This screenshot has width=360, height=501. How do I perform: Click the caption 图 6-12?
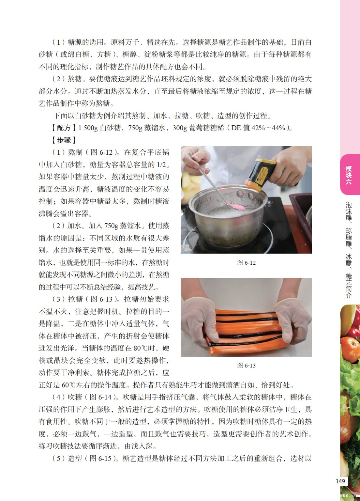click(x=246, y=263)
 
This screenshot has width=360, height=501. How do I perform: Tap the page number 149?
click(x=340, y=481)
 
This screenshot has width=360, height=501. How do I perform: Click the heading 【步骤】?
click(x=64, y=140)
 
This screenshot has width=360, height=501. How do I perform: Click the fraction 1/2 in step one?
click(x=161, y=165)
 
